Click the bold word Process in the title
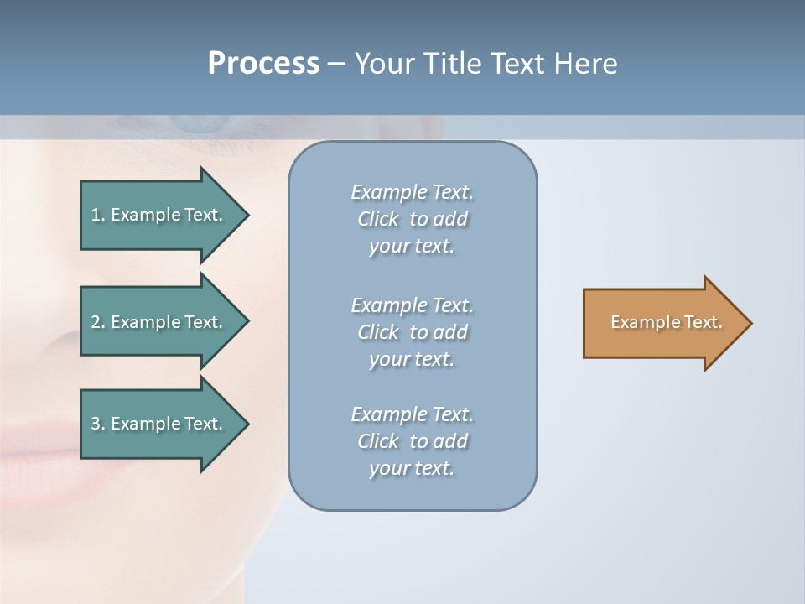(x=263, y=64)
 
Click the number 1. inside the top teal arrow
(x=98, y=215)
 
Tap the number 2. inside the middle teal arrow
(x=98, y=322)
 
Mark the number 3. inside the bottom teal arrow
(x=98, y=424)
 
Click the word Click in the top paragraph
(x=378, y=219)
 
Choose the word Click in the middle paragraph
(x=378, y=332)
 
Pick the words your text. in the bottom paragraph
(x=412, y=468)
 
